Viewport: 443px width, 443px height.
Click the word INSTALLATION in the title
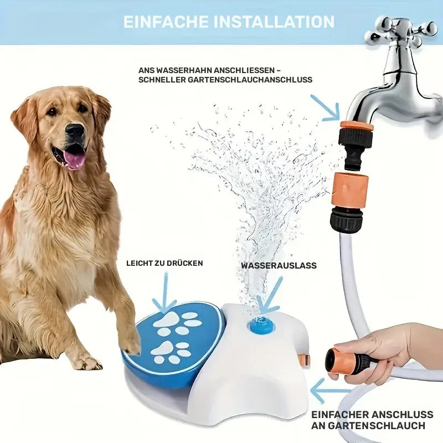pyautogui.click(x=275, y=22)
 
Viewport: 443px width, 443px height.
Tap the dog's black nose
pyautogui.click(x=75, y=131)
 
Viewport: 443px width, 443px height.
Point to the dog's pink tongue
pyautogui.click(x=74, y=159)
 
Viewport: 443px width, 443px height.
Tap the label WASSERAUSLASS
pyautogui.click(x=279, y=265)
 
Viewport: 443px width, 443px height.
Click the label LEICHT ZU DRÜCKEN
pyautogui.click(x=164, y=263)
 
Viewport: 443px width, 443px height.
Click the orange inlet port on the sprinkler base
pyautogui.click(x=304, y=359)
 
